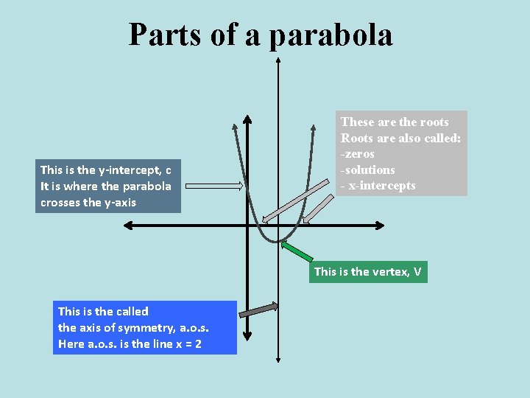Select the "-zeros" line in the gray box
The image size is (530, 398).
pos(358,154)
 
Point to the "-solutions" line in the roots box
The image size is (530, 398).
pos(368,170)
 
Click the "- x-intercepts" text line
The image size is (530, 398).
pos(378,186)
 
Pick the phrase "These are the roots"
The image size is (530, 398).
pos(394,122)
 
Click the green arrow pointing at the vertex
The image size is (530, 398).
pos(297,252)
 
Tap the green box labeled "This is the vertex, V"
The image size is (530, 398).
pos(367,272)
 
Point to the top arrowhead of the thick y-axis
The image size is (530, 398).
pos(247,119)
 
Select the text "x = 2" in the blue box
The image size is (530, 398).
pos(185,343)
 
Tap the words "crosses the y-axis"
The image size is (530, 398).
pos(88,203)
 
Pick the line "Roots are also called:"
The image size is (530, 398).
pos(400,138)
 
